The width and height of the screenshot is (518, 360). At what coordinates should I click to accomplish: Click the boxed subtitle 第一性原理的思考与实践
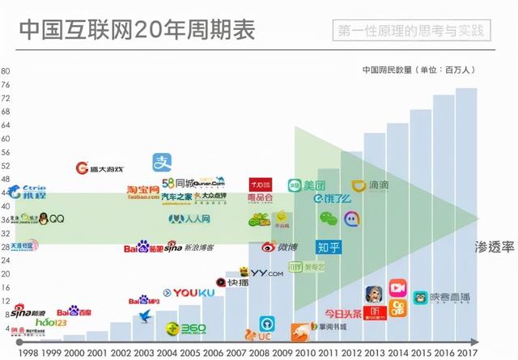point(413,32)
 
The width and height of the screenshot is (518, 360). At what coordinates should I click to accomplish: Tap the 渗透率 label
point(495,248)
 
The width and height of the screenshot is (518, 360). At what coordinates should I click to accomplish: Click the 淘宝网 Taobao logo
point(143,192)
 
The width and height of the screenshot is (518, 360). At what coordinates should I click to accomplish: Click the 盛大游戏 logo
point(100,169)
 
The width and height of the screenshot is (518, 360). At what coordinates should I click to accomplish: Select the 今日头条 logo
point(343,312)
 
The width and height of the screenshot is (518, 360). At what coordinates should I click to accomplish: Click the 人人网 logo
point(189,218)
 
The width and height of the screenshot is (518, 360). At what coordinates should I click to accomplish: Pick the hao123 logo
point(50,322)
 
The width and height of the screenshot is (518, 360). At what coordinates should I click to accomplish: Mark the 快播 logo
point(232,282)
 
